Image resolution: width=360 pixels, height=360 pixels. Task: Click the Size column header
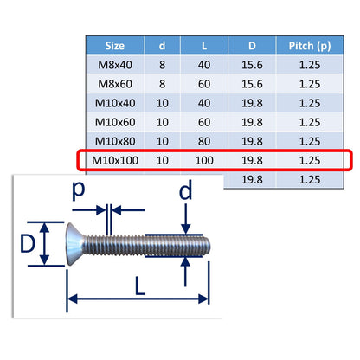tap(115, 46)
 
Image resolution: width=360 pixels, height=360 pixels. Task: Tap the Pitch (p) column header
tap(310, 46)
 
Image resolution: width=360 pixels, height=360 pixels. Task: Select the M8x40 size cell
tap(115, 65)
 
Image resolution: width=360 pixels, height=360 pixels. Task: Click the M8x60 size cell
tap(115, 84)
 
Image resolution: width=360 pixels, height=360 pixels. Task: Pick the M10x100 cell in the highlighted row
tap(115, 160)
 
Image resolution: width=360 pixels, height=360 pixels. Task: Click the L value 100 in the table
tap(204, 160)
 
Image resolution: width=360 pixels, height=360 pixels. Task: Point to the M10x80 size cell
tap(115, 141)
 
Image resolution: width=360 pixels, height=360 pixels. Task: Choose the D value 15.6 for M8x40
tap(252, 65)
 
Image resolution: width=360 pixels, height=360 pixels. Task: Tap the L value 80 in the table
tap(204, 141)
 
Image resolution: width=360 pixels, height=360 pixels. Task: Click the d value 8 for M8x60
tap(163, 84)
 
